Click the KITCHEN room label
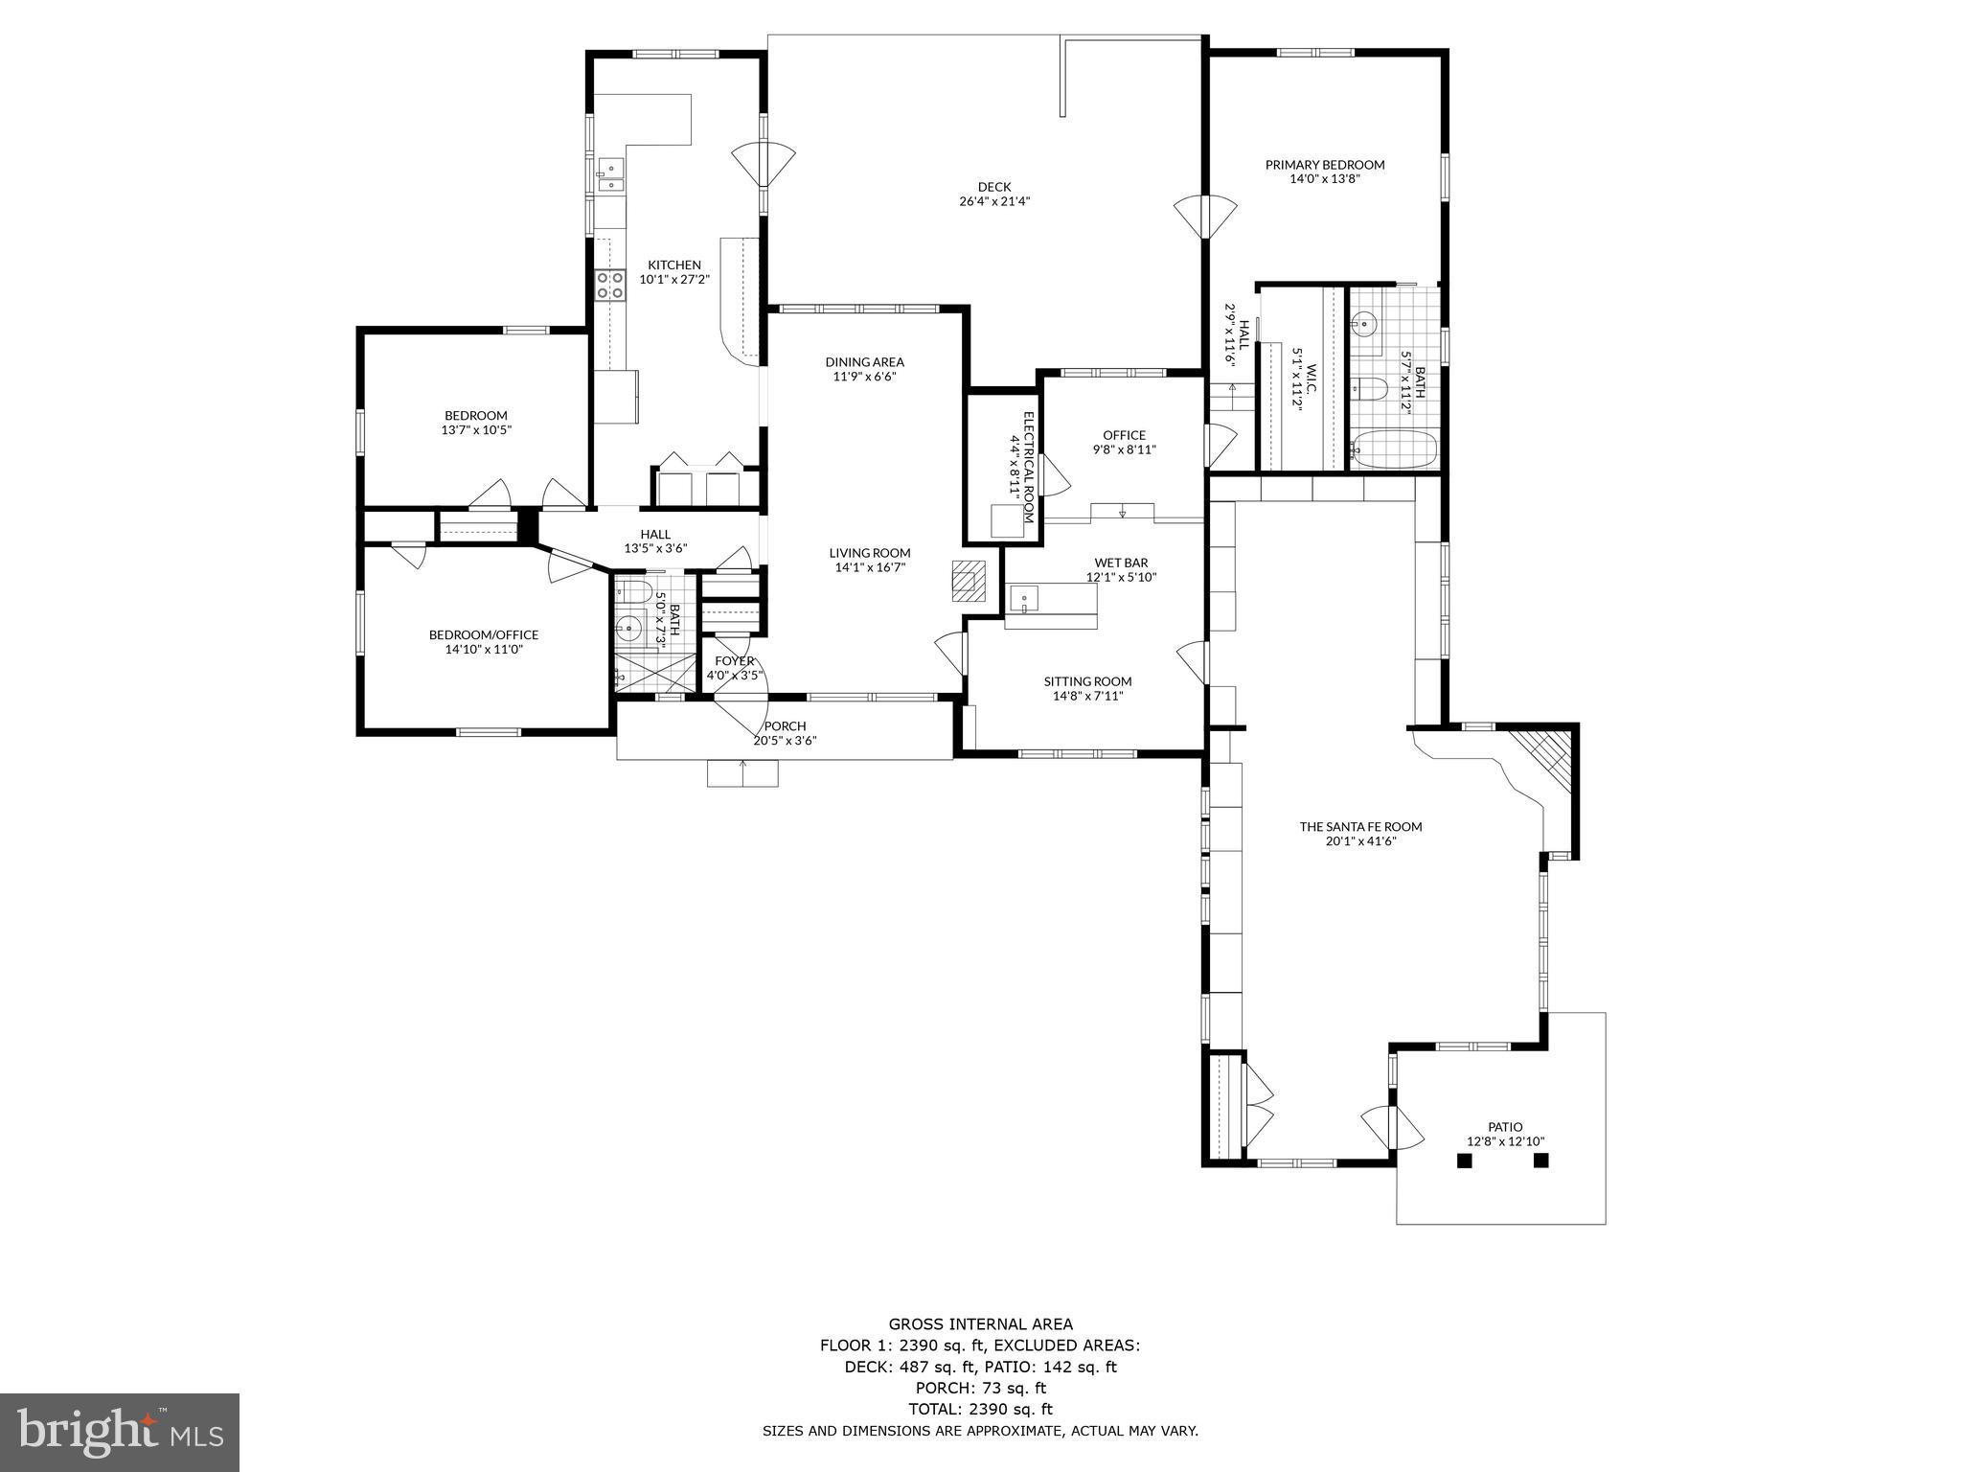(673, 265)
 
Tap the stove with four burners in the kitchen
(609, 285)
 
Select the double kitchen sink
(609, 176)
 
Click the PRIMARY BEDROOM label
(1324, 165)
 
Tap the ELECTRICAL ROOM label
(1021, 453)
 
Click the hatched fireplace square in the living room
(966, 580)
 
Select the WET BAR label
(1120, 563)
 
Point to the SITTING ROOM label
(1087, 682)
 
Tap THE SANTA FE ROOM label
(1359, 826)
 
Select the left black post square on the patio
(1464, 1161)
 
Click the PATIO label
(1504, 1127)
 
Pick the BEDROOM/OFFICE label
(483, 634)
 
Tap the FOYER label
(734, 661)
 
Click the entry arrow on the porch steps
(742, 766)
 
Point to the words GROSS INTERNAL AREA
(980, 1324)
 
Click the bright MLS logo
(120, 1431)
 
